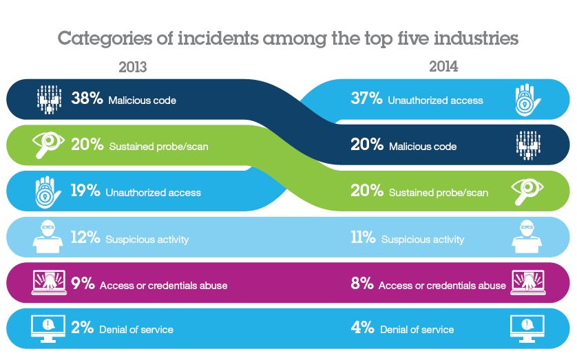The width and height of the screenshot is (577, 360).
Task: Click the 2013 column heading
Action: (x=133, y=67)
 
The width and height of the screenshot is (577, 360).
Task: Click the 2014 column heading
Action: (x=443, y=67)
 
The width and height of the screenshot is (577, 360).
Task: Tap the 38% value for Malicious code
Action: (x=87, y=99)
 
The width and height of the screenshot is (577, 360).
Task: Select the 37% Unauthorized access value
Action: (x=366, y=99)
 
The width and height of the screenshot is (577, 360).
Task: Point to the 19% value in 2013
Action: (x=86, y=191)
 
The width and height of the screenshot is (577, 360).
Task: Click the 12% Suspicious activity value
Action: (x=86, y=238)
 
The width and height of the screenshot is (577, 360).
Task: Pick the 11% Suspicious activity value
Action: (x=364, y=238)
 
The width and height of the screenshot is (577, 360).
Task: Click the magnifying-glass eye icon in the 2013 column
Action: (x=49, y=145)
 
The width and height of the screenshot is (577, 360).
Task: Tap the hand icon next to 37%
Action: (x=527, y=99)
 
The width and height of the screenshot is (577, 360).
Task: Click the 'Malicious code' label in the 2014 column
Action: (x=422, y=146)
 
